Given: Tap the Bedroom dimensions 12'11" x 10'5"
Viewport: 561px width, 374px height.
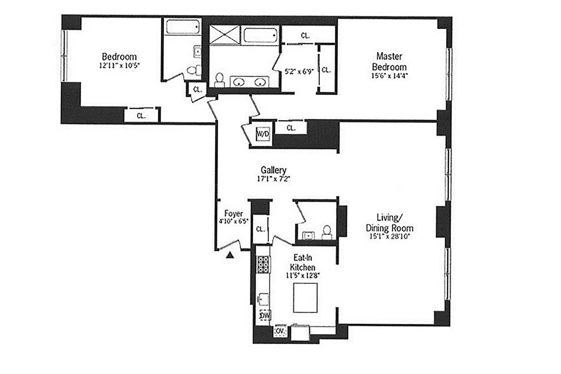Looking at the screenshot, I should click(119, 66).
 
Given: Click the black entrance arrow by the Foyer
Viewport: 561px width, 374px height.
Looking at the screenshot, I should click(230, 255).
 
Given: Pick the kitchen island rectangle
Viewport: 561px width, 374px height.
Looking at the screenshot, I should click(306, 298).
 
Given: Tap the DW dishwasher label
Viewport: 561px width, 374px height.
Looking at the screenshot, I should click(265, 316).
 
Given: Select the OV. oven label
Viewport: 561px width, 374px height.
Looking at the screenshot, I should click(281, 331).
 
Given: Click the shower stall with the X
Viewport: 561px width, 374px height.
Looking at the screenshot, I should click(224, 35).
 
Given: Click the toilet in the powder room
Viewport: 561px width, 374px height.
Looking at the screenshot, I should click(327, 232).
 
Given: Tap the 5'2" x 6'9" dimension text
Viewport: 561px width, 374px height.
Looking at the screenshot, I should click(297, 72).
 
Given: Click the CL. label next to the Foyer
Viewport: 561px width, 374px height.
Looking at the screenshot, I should click(261, 229).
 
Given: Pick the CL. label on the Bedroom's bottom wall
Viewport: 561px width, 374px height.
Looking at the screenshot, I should click(141, 115).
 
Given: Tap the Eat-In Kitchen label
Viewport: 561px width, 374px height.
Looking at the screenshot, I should click(304, 262).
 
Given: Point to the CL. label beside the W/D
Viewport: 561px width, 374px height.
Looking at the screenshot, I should click(291, 128).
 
